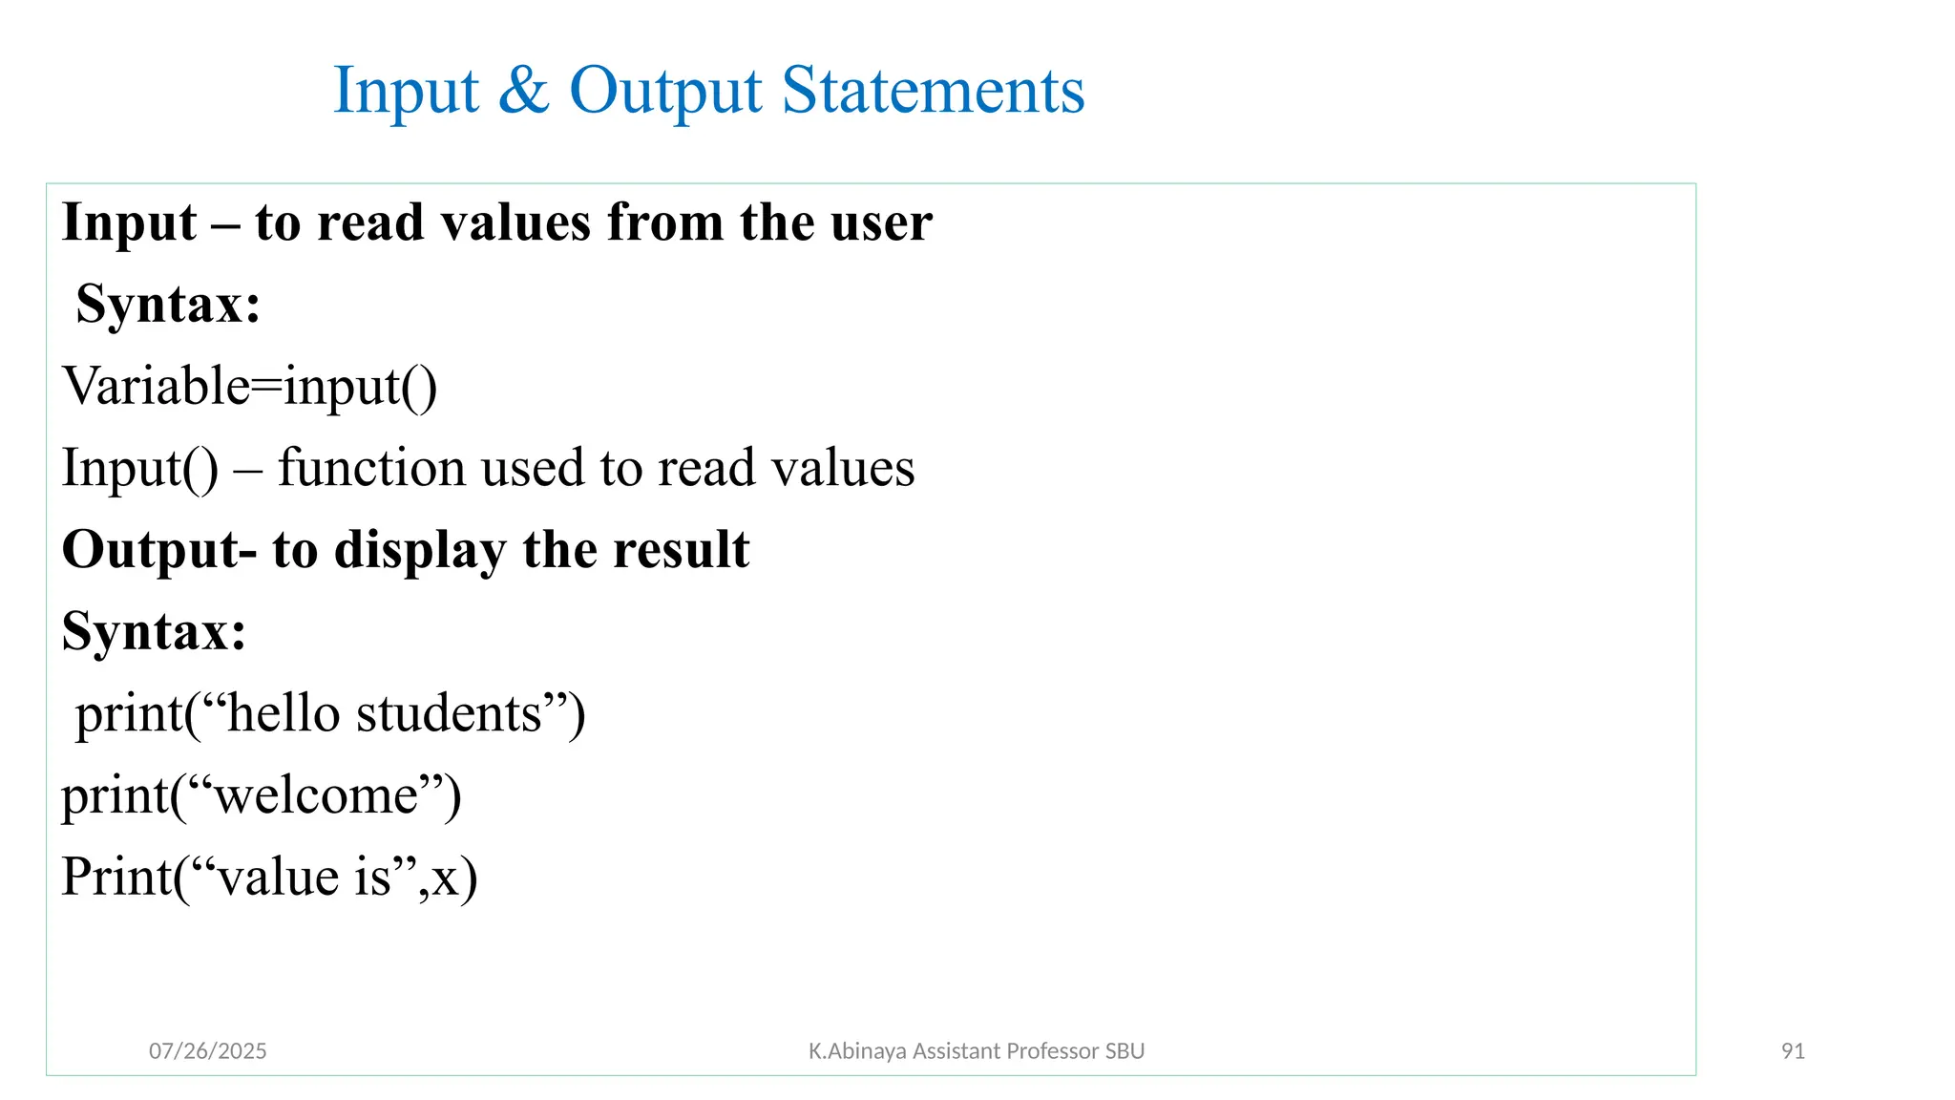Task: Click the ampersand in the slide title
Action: [523, 92]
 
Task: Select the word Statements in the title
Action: [933, 92]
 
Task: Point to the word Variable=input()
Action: [250, 387]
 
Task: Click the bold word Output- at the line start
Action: [159, 551]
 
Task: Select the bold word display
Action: [419, 551]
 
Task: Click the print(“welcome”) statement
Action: [262, 795]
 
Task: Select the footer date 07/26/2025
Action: [208, 1051]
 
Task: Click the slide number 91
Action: [1793, 1051]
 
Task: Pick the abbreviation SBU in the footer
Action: [1125, 1051]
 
